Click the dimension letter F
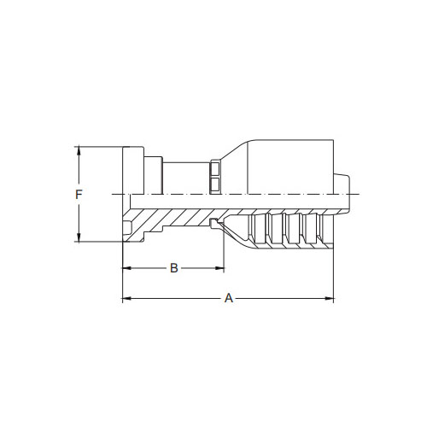pyautogui.click(x=79, y=195)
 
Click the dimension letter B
pyautogui.click(x=173, y=268)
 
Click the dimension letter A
pyautogui.click(x=228, y=299)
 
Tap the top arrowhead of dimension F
pyautogui.click(x=79, y=151)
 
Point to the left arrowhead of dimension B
pyautogui.click(x=126, y=268)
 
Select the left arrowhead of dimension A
pyautogui.click(x=126, y=299)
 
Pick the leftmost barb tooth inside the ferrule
pyautogui.click(x=254, y=229)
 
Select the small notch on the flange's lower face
pyautogui.click(x=128, y=227)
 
